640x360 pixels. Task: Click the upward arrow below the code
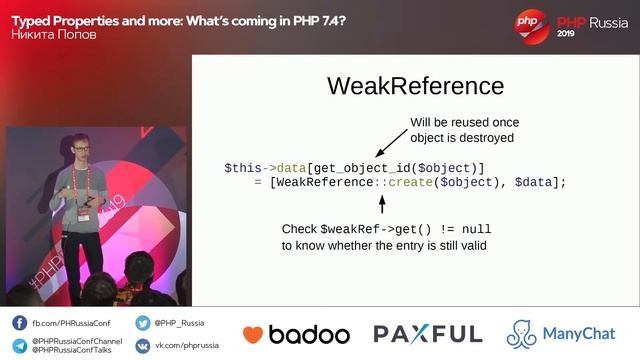[382, 204]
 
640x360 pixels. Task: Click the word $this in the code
[243, 167]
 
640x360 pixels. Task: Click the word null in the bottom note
[476, 229]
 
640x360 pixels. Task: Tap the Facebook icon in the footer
[20, 323]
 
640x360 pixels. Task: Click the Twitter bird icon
[143, 323]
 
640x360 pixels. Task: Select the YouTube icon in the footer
[20, 345]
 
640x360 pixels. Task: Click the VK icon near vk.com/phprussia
[143, 345]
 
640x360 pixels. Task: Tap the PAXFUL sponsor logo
[428, 334]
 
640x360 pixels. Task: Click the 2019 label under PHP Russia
[567, 33]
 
